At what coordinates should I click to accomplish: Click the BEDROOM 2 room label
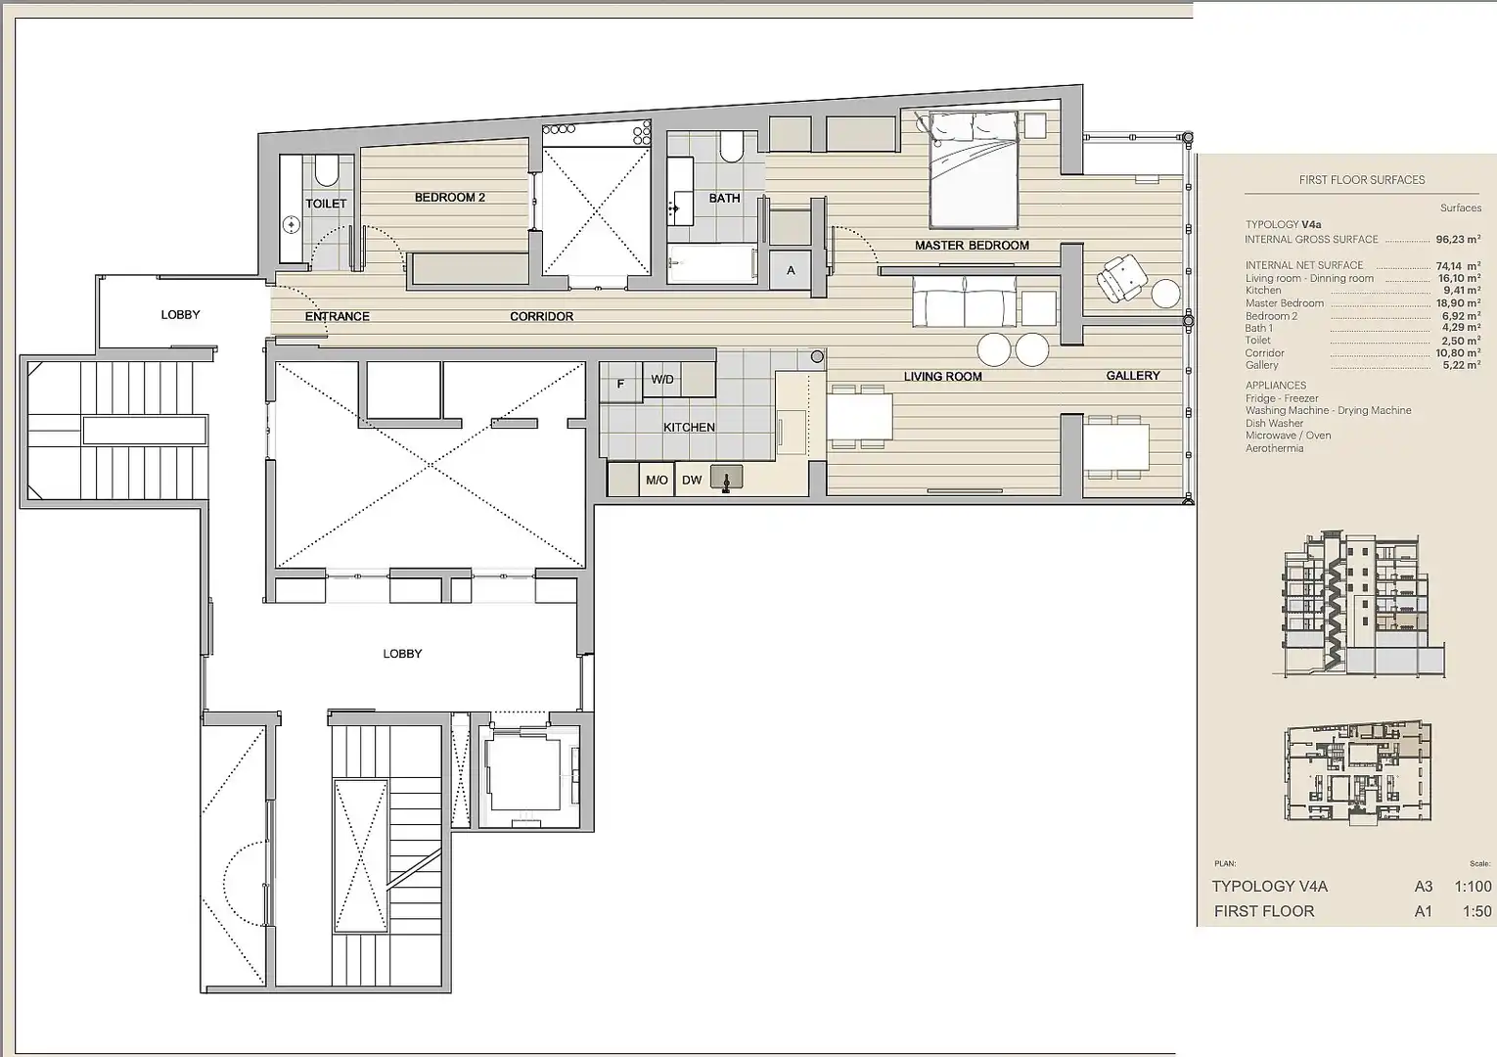point(450,198)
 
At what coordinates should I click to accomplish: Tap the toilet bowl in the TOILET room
point(326,172)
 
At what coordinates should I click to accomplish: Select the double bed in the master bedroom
point(974,170)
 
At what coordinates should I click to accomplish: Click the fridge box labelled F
point(621,383)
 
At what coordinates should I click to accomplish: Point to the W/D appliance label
point(662,379)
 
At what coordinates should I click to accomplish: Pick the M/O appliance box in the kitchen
point(657,480)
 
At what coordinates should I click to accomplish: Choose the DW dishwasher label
point(692,480)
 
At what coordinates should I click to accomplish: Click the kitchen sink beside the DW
point(726,478)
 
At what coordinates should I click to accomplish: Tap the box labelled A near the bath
point(791,270)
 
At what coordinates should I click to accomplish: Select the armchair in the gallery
point(1121,279)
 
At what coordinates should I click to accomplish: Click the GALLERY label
point(1133,376)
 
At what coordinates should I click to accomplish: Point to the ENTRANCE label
point(338,316)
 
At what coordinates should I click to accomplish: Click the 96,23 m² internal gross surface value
point(1458,239)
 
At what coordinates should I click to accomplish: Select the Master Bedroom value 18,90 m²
point(1458,302)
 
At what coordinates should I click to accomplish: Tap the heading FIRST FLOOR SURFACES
point(1362,180)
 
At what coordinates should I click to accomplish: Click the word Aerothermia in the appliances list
point(1275,448)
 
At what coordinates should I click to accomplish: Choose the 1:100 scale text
point(1473,887)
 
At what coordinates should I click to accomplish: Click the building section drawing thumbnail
point(1363,605)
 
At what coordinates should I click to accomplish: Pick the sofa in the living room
point(965,301)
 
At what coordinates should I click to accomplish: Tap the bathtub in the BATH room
point(713,263)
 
